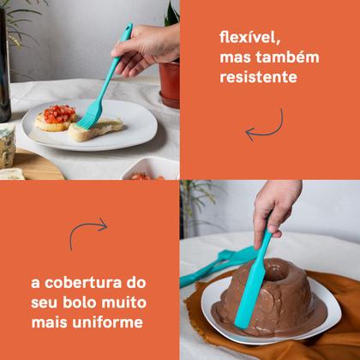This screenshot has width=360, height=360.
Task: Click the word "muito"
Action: tap(128, 303)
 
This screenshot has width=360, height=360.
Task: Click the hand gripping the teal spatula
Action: tap(278, 205)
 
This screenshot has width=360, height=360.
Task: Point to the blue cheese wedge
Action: tap(7, 146)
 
